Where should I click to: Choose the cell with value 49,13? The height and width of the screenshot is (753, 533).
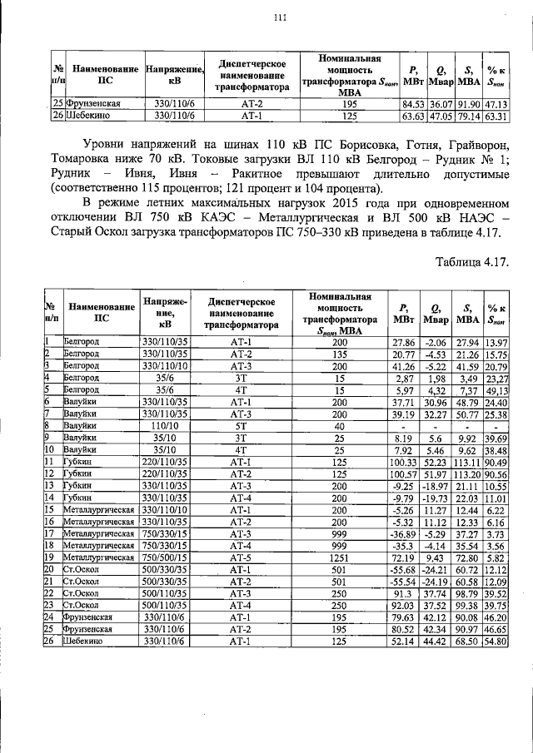(497, 390)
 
